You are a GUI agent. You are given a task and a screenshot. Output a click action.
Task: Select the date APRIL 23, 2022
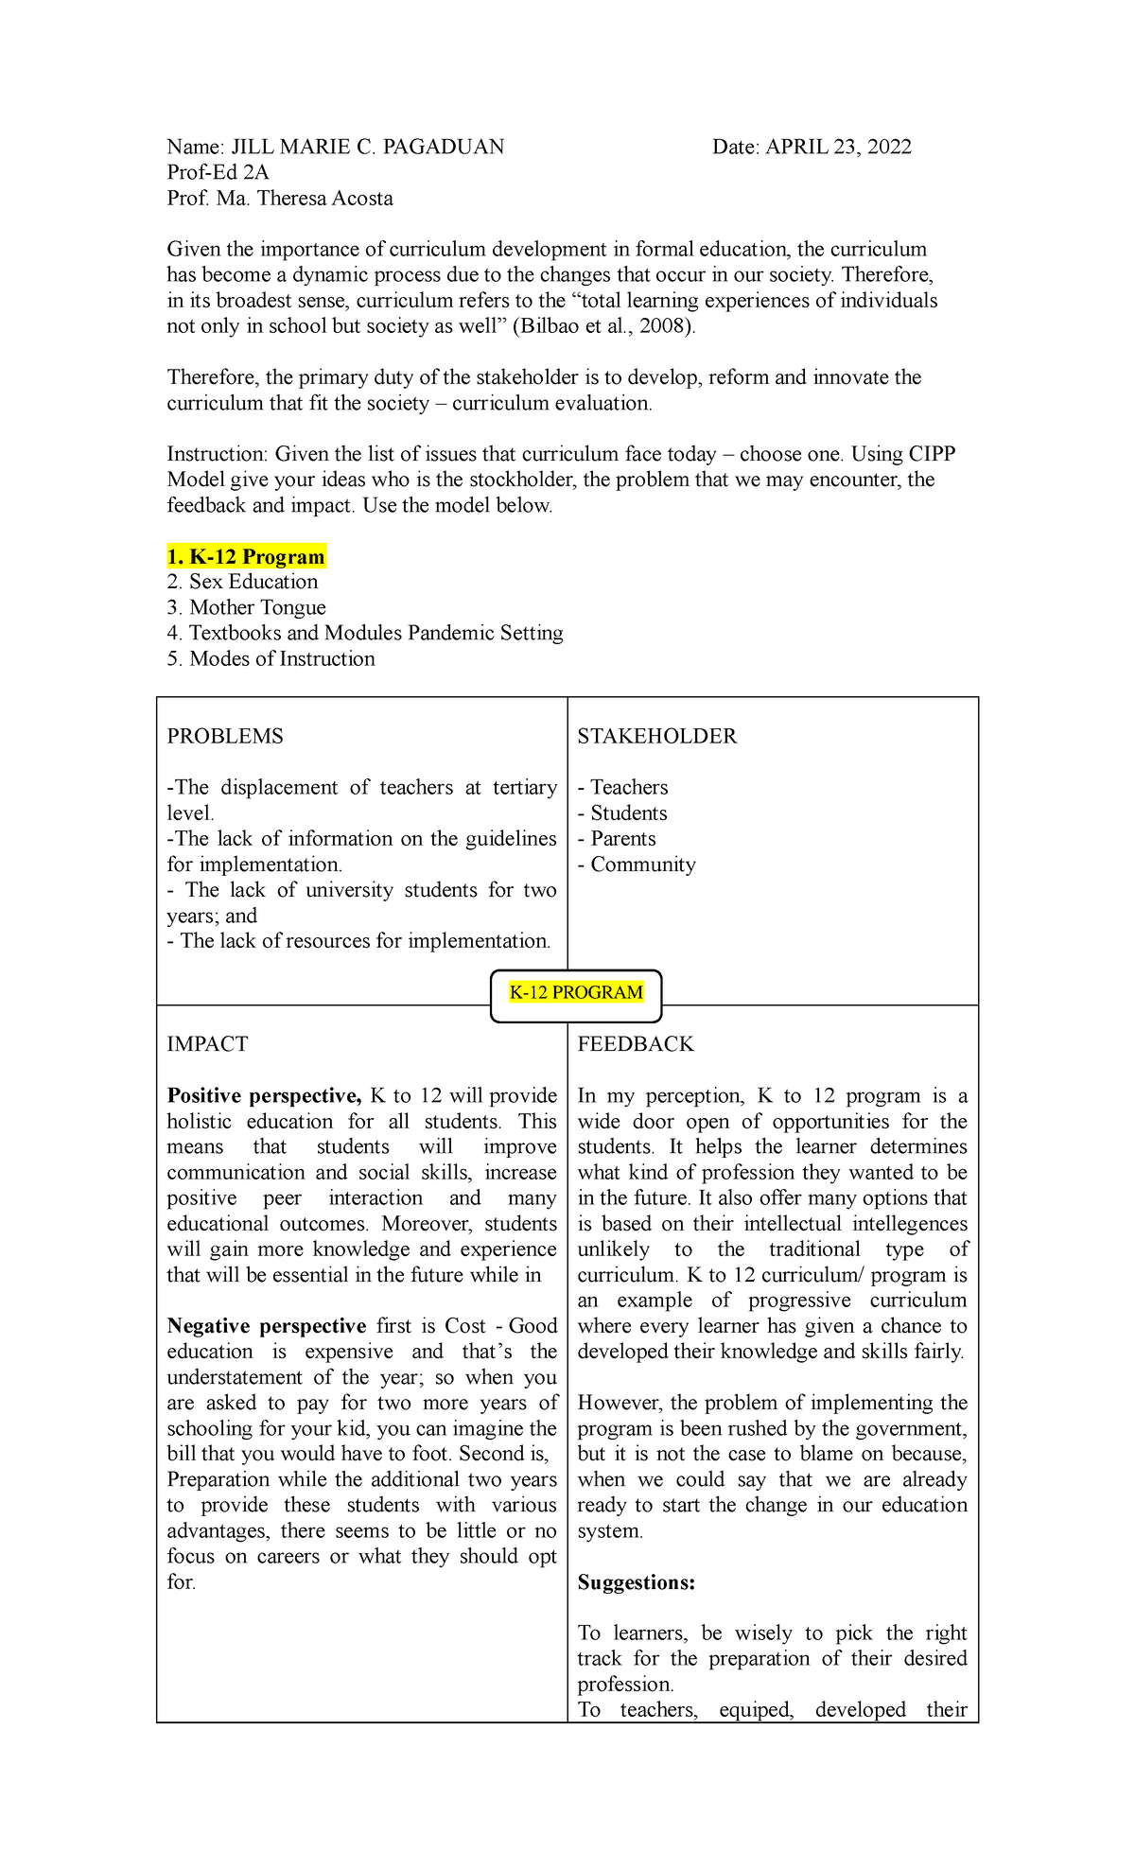838,147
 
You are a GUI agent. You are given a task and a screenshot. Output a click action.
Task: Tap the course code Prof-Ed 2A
218,172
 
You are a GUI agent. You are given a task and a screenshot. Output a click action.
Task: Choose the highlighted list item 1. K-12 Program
246,556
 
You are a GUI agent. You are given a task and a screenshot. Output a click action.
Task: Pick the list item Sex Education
253,582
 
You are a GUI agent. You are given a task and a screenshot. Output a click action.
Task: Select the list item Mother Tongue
257,607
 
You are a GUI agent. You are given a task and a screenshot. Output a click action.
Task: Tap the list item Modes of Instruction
282,658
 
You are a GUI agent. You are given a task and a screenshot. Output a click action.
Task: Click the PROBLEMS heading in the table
225,736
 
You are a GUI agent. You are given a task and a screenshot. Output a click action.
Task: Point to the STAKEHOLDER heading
657,736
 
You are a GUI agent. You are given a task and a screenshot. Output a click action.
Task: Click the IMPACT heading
207,1044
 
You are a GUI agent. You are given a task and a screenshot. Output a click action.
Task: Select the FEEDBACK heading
636,1044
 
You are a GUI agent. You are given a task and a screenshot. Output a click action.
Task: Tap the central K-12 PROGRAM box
576,993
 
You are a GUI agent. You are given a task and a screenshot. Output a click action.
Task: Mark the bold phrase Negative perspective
267,1326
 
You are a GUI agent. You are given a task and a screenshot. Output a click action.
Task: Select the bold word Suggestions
637,1582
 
